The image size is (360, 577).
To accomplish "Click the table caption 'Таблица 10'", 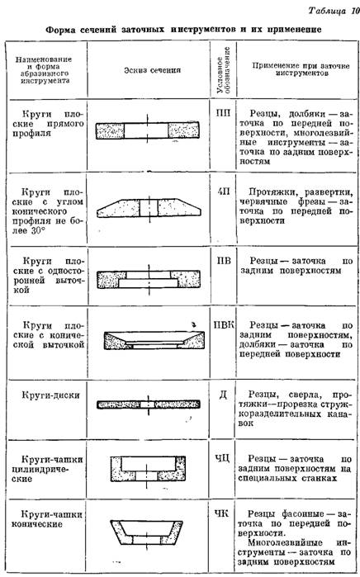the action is tap(333, 10).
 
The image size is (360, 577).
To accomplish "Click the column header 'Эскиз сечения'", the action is tap(152, 70).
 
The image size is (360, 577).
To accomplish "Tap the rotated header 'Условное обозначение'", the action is tap(224, 69).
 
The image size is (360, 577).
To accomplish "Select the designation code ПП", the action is tap(223, 113).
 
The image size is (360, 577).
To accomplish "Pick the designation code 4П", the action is tap(224, 192).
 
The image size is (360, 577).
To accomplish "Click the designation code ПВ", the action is tap(224, 261).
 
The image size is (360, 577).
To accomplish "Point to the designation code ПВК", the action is tap(224, 325).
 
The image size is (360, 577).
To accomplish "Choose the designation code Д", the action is tap(223, 395).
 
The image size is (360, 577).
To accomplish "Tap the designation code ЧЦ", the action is tap(222, 459).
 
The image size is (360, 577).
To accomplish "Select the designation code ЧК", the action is tap(221, 513).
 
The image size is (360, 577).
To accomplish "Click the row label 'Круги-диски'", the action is tap(50, 395).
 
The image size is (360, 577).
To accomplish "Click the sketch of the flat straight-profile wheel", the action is tap(148, 130).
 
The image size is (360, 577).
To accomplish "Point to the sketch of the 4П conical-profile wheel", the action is tap(149, 207).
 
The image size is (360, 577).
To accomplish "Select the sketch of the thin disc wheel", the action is tap(149, 404).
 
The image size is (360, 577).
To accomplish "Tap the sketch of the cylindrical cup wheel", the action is tap(149, 470).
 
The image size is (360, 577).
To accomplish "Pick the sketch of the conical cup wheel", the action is tap(147, 532).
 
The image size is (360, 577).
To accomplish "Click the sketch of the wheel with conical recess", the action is tap(154, 340).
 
